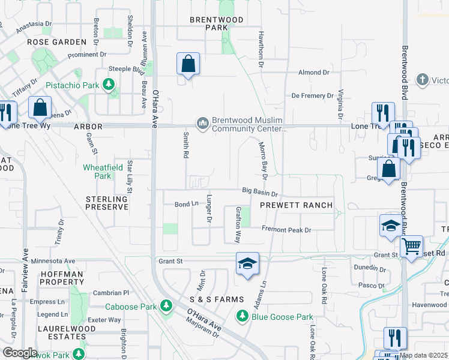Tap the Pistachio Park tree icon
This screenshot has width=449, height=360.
(x=109, y=85)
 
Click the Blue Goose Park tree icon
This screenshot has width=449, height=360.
(x=243, y=316)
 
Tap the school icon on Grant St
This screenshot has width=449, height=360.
(x=247, y=264)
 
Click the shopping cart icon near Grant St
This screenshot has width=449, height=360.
(x=411, y=245)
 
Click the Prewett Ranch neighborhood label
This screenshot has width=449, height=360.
(x=296, y=205)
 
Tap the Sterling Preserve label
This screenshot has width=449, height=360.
(x=107, y=203)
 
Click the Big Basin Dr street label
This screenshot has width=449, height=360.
(x=260, y=193)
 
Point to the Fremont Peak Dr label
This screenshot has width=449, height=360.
(x=286, y=230)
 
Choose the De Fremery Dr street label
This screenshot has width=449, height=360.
(x=312, y=95)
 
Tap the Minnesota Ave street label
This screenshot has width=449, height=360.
(x=53, y=261)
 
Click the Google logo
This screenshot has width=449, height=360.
(x=20, y=353)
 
